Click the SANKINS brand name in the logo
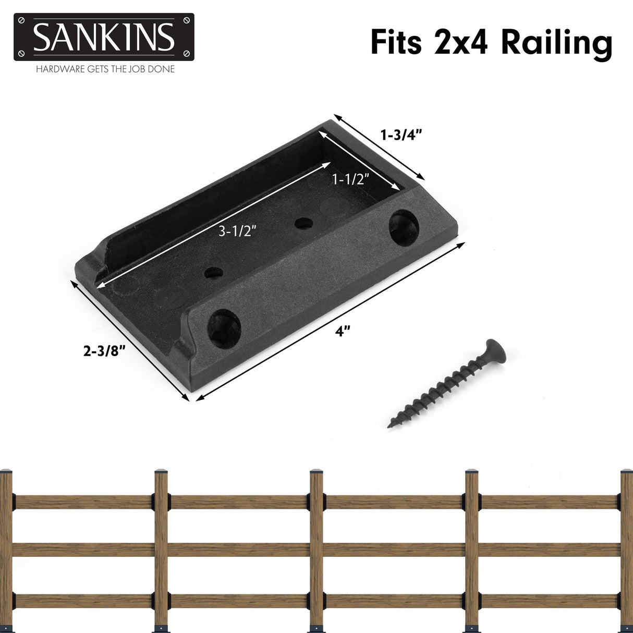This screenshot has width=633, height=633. pyautogui.click(x=104, y=36)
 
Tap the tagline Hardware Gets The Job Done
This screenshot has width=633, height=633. pyautogui.click(x=105, y=69)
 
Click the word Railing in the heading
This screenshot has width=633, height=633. pyautogui.click(x=556, y=43)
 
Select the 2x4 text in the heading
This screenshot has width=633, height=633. pyautogui.click(x=460, y=42)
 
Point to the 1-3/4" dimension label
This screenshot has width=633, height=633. pyautogui.click(x=400, y=135)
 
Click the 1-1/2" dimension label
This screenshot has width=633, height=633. pyautogui.click(x=350, y=179)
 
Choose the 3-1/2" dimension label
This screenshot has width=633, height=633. pyautogui.click(x=237, y=231)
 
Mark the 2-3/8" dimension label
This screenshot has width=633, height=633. pyautogui.click(x=105, y=351)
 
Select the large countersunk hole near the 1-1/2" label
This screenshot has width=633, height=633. pyautogui.click(x=404, y=227)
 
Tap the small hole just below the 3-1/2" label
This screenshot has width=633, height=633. pyautogui.click(x=213, y=272)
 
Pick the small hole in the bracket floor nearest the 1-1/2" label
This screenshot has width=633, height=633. pyautogui.click(x=303, y=224)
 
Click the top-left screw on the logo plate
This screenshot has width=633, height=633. pyautogui.click(x=21, y=20)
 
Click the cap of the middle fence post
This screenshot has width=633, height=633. pyautogui.click(x=316, y=471)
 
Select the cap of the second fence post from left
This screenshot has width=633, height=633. pyautogui.click(x=161, y=472)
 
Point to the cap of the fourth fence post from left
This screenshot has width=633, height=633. pyautogui.click(x=471, y=471)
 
